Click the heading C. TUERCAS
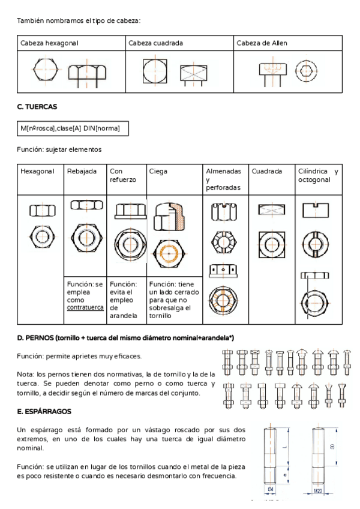click(x=37, y=107)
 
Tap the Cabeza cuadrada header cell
click(x=155, y=44)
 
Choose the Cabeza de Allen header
click(x=262, y=44)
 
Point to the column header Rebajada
click(x=82, y=172)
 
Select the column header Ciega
click(x=158, y=172)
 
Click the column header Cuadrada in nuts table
click(x=266, y=172)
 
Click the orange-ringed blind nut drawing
click(x=170, y=253)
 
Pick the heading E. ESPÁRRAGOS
click(x=44, y=412)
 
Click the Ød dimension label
click(x=271, y=490)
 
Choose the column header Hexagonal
click(x=37, y=172)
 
